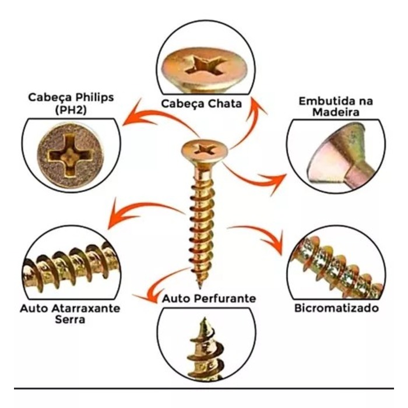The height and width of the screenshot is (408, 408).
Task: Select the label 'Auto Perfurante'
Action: (x=209, y=298)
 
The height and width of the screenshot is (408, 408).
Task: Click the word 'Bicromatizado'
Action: (x=337, y=308)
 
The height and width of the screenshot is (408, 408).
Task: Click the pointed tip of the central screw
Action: (x=201, y=286)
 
